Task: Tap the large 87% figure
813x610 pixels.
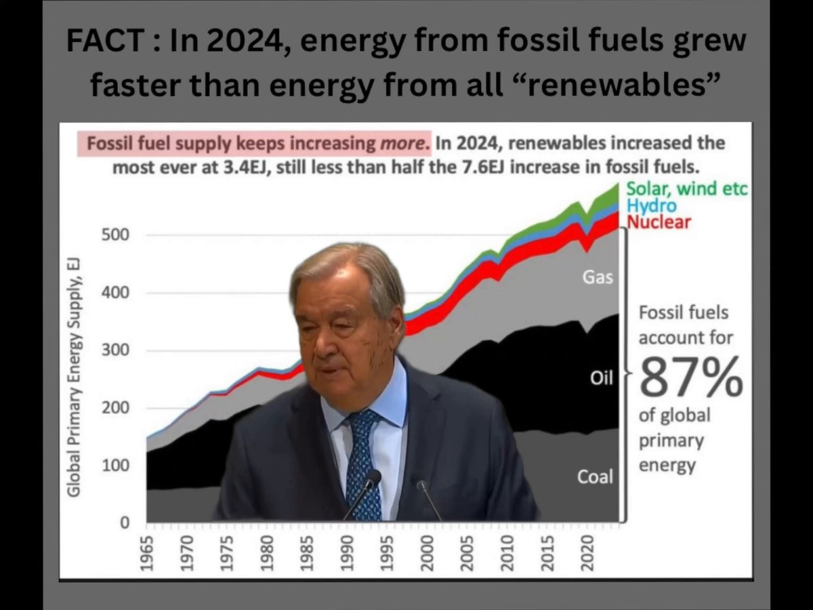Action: coord(690,378)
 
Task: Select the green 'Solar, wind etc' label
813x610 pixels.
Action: coord(686,188)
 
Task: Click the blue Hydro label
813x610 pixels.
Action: coord(650,205)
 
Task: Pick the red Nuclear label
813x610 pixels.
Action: coord(658,222)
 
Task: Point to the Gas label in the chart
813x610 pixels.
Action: coord(598,277)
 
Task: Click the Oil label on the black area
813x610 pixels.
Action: coord(601,378)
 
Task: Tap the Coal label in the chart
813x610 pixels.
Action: coord(594,477)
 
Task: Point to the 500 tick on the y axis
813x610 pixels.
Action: coord(116,236)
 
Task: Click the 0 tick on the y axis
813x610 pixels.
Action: coord(125,523)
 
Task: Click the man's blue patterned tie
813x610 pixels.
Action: coord(362,461)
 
